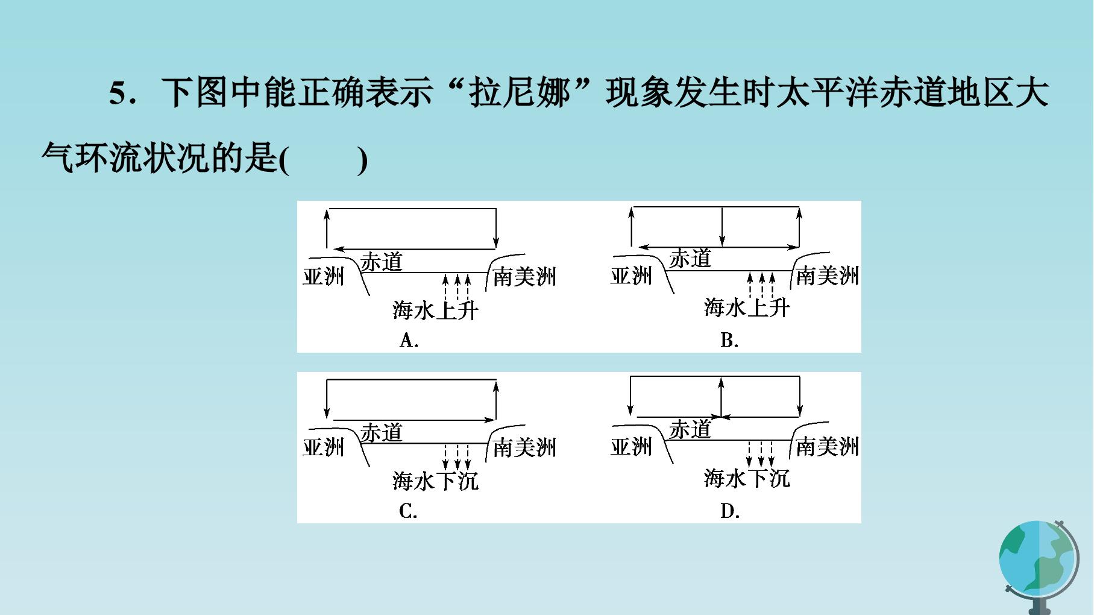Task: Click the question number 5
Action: click(118, 94)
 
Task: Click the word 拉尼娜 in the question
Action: click(520, 93)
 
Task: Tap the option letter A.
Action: click(409, 341)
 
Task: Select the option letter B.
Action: click(729, 341)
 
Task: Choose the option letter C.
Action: click(408, 511)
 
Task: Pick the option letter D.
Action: click(730, 511)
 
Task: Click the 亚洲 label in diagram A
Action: click(323, 276)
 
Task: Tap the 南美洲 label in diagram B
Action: click(827, 276)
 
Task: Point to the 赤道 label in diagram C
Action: click(381, 432)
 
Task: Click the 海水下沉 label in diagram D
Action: click(747, 479)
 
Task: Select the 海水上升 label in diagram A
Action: click(435, 311)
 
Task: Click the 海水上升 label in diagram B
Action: click(747, 308)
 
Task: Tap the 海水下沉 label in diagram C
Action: click(435, 481)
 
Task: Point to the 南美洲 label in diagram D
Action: click(827, 446)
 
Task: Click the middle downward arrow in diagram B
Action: click(722, 227)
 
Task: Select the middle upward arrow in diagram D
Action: click(721, 397)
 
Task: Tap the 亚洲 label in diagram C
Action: click(323, 447)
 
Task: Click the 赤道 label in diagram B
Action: click(690, 259)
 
